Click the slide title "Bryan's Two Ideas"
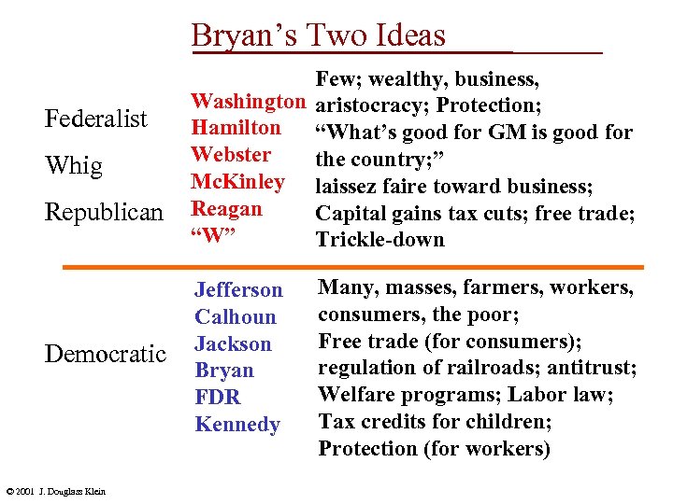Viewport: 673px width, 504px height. click(319, 35)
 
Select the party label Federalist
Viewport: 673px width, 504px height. click(96, 119)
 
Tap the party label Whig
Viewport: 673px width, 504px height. click(74, 166)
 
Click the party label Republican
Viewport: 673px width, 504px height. click(104, 213)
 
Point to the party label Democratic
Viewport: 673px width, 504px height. click(106, 353)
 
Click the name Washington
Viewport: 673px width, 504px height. click(249, 100)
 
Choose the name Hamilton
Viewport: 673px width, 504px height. click(235, 127)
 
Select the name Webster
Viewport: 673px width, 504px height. click(230, 154)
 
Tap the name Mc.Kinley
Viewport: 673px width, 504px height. click(237, 181)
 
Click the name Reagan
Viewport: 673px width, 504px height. click(226, 208)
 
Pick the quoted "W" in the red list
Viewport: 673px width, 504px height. click(211, 235)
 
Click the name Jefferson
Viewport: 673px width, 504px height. click(238, 289)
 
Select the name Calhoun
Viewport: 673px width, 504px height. click(236, 316)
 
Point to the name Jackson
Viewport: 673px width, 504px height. click(233, 343)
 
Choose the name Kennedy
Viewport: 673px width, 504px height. click(237, 425)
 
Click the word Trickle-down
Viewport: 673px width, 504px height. click(380, 240)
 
